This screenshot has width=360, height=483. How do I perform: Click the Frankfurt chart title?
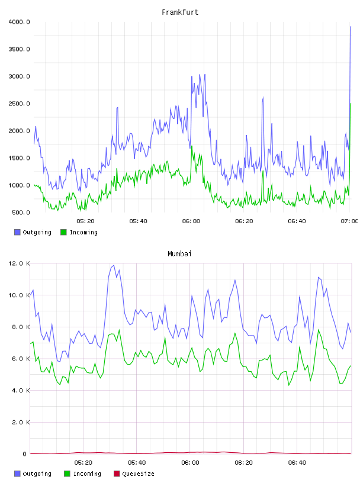pos(180,12)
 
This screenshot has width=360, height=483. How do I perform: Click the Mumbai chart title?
pos(179,254)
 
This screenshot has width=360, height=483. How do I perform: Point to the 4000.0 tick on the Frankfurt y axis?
pos(19,22)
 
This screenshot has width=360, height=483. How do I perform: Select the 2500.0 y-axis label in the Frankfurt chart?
pos(19,104)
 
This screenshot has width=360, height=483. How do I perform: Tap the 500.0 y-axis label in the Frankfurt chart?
pos(21,212)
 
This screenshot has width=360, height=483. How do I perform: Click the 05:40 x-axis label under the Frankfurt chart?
pos(138,221)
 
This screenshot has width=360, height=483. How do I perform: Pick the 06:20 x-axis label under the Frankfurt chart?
pos(244,221)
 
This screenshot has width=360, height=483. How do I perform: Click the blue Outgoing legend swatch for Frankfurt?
pos(17,232)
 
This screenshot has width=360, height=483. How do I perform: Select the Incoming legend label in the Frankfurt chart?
pos(83,232)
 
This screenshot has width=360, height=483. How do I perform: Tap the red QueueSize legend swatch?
pos(117,474)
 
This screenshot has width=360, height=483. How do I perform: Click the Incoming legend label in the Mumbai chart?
pos(87,474)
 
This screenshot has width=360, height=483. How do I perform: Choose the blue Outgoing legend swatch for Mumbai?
pos(17,474)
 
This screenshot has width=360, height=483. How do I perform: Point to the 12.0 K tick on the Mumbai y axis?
pos(19,263)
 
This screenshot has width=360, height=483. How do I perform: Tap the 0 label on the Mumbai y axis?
pos(24,454)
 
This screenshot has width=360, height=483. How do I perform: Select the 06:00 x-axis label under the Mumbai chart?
pos(190,463)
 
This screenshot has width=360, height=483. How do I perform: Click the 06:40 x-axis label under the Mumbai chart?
pos(297,463)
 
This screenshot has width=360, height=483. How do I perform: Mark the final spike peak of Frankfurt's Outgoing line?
pos(351,27)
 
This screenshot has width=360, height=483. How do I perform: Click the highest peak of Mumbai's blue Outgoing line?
pos(114,265)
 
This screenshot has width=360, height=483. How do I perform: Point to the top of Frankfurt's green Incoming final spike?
pos(351,104)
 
